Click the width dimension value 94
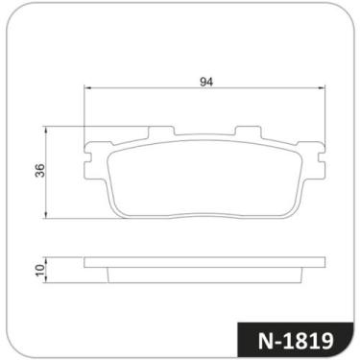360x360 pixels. [x=206, y=82]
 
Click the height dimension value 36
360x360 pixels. [x=40, y=170]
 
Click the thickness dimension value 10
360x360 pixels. [x=40, y=271]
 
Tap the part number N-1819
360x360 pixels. [x=296, y=341]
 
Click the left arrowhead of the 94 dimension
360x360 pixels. [x=87, y=86]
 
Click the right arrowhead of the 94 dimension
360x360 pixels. [x=322, y=86]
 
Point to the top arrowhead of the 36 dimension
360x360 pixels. [x=47, y=131]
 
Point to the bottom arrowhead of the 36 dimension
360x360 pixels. [x=47, y=215]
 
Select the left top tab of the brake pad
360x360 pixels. [x=161, y=131]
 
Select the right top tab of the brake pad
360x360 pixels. [x=249, y=131]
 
